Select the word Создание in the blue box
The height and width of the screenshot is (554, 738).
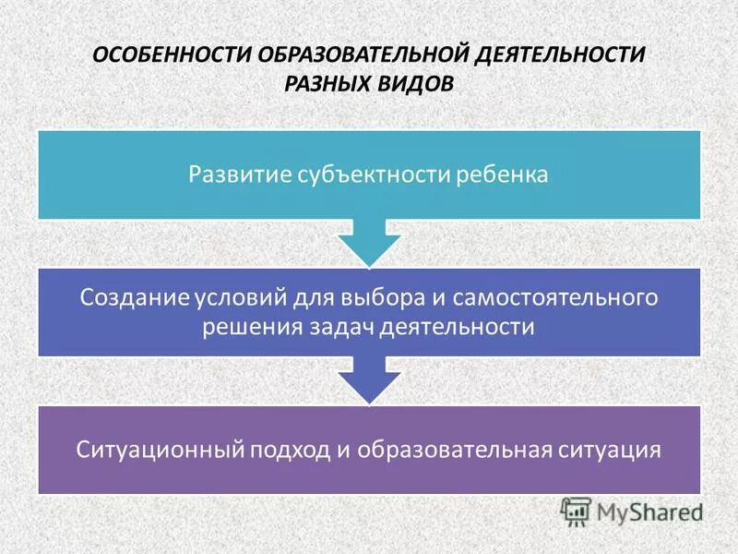click(x=134, y=297)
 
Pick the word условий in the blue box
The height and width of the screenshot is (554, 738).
click(x=243, y=297)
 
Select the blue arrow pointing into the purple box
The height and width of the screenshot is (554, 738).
click(x=369, y=379)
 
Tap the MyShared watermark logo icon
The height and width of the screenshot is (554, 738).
click(x=576, y=511)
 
